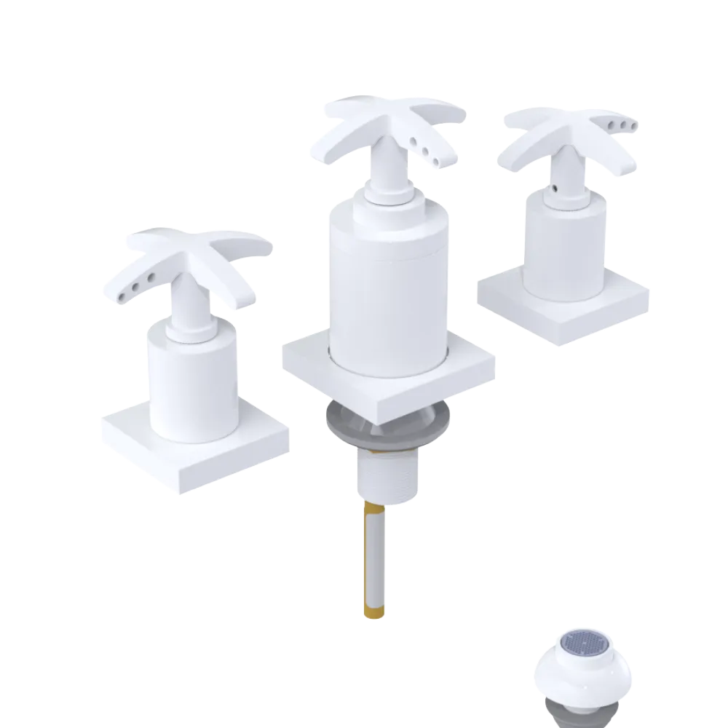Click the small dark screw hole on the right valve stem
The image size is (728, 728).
(x=555, y=188)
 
